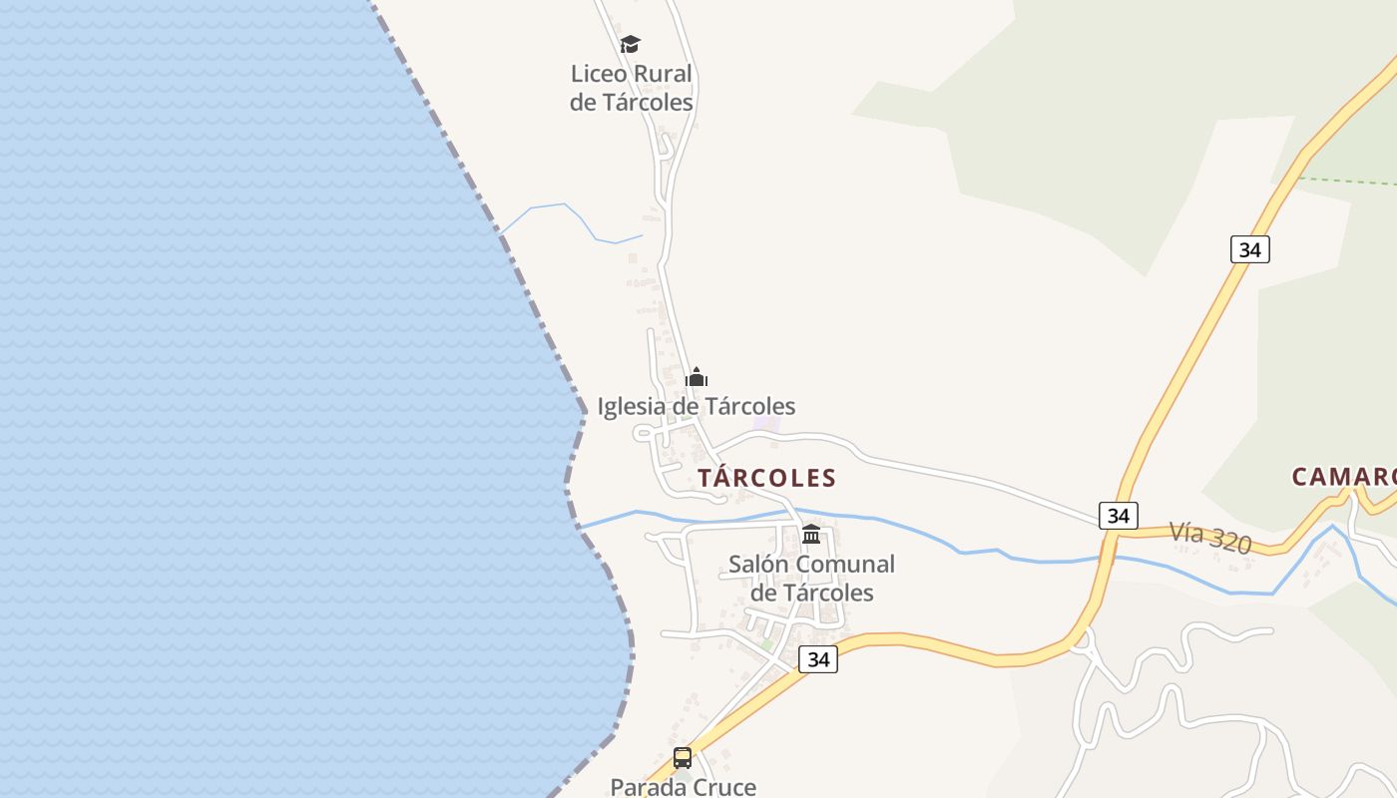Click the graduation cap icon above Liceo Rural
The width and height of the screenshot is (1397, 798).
click(630, 44)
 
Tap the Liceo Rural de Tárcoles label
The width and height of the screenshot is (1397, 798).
click(631, 88)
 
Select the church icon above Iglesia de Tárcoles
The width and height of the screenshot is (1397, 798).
click(697, 377)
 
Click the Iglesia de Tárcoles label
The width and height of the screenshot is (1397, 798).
click(697, 406)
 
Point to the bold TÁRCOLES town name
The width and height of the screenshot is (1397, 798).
click(766, 478)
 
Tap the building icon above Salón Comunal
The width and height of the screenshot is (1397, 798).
click(811, 535)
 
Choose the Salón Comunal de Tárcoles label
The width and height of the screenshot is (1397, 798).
click(811, 579)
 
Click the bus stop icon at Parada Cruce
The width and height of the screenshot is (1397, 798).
click(683, 758)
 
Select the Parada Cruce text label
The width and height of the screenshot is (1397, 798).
click(683, 787)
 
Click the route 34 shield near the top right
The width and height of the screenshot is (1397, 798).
click(1249, 249)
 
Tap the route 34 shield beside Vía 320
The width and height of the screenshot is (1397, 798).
click(1118, 515)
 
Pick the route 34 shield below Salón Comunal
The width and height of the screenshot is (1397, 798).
click(818, 659)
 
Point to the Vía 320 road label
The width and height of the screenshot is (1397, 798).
click(1210, 538)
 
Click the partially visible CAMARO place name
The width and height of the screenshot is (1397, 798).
click(1343, 477)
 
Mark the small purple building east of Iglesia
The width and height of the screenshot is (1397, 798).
click(766, 424)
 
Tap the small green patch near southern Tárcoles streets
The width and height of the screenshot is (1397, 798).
click(767, 645)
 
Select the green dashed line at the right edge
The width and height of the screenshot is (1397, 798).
click(1347, 181)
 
